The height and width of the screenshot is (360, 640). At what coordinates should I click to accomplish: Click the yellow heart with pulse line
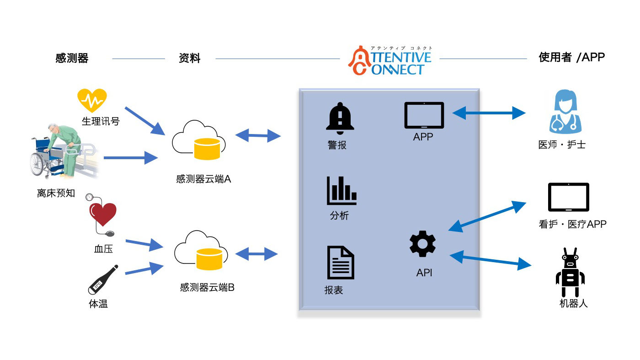92,100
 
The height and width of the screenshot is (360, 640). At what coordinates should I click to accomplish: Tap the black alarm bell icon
340,118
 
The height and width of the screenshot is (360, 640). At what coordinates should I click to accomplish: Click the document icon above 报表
341,262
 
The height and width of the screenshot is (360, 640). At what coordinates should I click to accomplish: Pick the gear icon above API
422,244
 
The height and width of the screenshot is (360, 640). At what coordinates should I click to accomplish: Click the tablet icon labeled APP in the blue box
424,115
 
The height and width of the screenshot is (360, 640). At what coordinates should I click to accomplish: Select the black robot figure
570,272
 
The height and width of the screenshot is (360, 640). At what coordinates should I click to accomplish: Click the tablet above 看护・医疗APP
569,197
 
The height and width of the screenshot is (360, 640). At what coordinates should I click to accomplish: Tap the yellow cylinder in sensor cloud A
207,149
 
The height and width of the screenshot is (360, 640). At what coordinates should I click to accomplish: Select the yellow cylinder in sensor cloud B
209,259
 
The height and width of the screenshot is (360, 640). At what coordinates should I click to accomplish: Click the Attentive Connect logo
390,60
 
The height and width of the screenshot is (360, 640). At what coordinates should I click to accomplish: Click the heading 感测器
72,58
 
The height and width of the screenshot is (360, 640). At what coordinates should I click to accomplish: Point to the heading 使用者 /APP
572,57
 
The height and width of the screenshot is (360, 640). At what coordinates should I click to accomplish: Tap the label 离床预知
56,193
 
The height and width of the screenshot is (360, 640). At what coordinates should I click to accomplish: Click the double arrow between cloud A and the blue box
258,135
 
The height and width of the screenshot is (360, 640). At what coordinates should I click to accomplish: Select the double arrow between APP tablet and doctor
489,113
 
